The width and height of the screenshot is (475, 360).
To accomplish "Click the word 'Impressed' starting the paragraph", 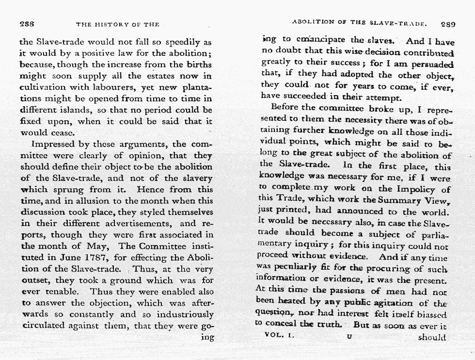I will tap(52, 145).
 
